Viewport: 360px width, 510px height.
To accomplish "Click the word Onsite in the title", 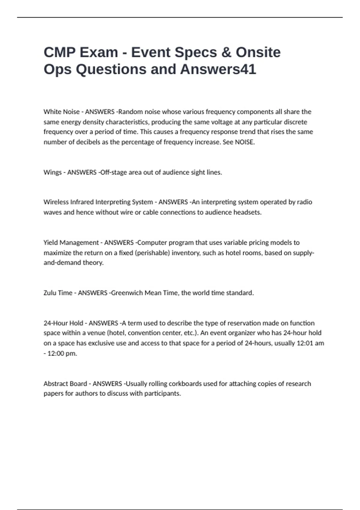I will click(258, 52).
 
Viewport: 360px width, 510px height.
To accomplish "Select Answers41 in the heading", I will click(218, 69).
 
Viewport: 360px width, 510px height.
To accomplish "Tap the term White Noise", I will click(61, 112).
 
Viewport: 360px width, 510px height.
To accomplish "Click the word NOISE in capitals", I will click(244, 142).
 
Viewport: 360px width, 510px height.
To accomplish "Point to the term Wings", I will click(52, 172).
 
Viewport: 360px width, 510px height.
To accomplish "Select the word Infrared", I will click(82, 202).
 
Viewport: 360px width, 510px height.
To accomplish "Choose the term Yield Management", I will click(71, 243).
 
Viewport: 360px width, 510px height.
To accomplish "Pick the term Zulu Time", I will click(58, 293).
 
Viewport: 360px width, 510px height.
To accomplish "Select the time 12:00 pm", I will click(62, 353).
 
